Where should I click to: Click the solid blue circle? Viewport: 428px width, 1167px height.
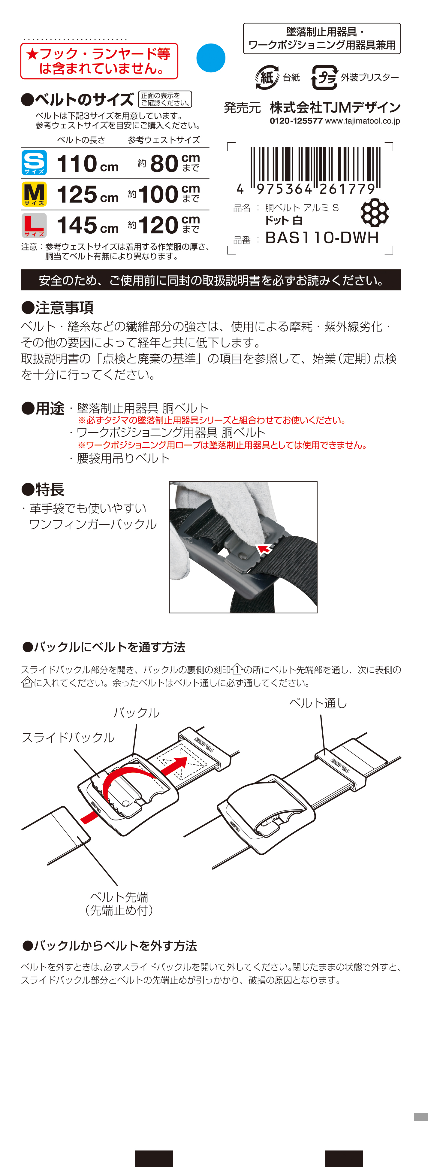tap(211, 58)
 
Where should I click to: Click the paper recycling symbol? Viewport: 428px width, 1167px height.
tap(267, 77)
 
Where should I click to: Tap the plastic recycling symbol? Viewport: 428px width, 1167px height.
tap(324, 77)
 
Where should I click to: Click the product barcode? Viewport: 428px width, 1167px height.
tap(315, 168)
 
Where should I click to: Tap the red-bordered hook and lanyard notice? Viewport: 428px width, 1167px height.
tap(99, 61)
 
